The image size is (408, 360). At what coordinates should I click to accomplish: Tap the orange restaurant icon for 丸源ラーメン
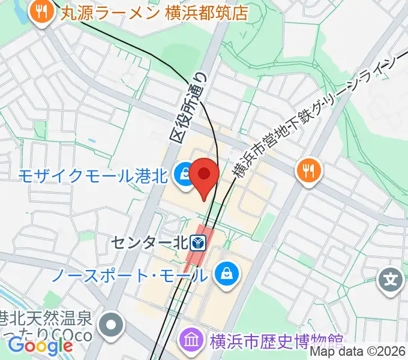(41, 11)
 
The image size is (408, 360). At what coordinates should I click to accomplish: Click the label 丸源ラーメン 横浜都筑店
(154, 12)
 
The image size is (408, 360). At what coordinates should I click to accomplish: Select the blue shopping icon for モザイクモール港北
(183, 175)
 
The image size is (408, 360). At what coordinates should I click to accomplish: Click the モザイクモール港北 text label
(92, 176)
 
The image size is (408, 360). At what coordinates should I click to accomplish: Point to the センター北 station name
(149, 244)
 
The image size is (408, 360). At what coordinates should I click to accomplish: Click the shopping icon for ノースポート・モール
(227, 275)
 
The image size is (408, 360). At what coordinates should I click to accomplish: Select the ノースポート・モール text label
(130, 276)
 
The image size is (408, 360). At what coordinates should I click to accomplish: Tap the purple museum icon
(193, 340)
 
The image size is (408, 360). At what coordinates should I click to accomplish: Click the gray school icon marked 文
(391, 280)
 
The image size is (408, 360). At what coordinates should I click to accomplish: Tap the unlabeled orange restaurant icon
(308, 172)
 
